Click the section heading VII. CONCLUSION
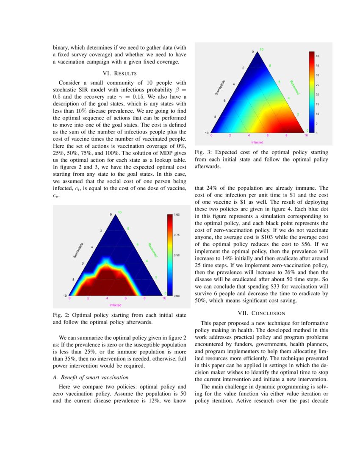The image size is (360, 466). [261, 313]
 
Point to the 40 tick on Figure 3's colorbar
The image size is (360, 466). [318, 55]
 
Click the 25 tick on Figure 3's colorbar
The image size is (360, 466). [318, 85]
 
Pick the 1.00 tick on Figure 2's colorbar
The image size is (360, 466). [177, 215]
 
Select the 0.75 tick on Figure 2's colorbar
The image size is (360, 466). [177, 234]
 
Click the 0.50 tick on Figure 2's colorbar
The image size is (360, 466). [177, 255]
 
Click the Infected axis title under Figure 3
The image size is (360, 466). [258, 142]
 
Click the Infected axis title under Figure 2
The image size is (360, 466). [115, 305]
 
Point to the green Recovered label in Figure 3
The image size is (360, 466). [295, 87]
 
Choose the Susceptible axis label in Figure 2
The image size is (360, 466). [78, 250]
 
